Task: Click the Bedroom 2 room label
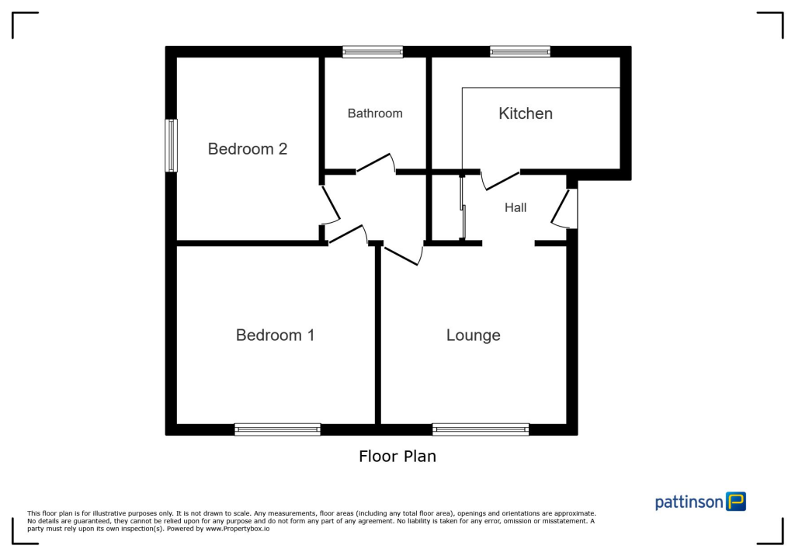click(x=248, y=149)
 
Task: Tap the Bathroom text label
click(x=375, y=113)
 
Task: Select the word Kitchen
click(x=526, y=113)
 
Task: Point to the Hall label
click(x=516, y=207)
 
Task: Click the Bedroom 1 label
click(x=275, y=335)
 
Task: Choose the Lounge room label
click(x=473, y=335)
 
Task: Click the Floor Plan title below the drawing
click(x=397, y=457)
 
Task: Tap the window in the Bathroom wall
click(x=373, y=52)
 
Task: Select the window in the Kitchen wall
click(x=519, y=52)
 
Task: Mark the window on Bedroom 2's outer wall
click(x=171, y=145)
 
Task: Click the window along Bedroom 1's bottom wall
click(x=277, y=429)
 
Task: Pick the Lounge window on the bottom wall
click(x=481, y=429)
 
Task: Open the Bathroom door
click(x=375, y=162)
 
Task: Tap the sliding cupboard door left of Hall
click(x=463, y=207)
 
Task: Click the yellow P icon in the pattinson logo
click(x=735, y=502)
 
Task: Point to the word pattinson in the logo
click(x=689, y=502)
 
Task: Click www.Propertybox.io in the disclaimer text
click(x=238, y=528)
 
